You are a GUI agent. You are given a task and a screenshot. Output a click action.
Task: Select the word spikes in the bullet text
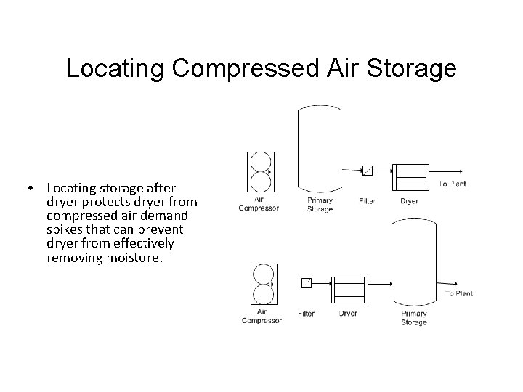point(65,229)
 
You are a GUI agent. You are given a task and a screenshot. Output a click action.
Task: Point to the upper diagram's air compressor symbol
point(259,171)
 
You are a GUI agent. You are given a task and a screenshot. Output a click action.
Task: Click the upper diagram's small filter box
point(368,171)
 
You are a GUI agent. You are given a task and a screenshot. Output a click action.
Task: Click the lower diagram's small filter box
point(306,283)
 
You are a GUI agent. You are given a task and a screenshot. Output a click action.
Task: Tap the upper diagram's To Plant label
point(453,184)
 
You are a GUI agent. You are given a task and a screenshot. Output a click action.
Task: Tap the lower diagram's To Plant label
point(458,294)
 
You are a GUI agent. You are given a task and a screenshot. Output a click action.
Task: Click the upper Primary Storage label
point(320,205)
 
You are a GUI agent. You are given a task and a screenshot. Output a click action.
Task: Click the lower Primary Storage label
point(414,318)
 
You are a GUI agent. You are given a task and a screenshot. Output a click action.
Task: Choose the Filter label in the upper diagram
point(368,200)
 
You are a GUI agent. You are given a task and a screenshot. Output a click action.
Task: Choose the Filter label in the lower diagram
point(306,314)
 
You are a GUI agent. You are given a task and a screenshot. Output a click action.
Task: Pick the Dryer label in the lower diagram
point(348,314)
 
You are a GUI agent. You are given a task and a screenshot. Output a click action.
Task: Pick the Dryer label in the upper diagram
point(409,200)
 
